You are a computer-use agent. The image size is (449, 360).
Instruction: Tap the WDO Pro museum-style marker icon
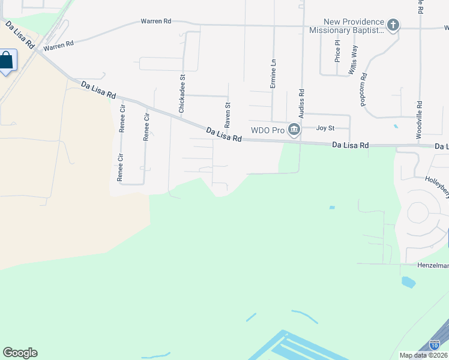pyautogui.click(x=294, y=130)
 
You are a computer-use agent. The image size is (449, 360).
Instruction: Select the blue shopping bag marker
pyautogui.click(x=6, y=61)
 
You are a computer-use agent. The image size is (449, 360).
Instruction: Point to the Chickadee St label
pyautogui.click(x=181, y=94)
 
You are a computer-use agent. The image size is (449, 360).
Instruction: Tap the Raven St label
pyautogui.click(x=228, y=115)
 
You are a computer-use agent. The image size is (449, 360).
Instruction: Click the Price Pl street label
pyautogui.click(x=337, y=51)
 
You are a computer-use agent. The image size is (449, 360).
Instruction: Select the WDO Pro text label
pyautogui.click(x=267, y=130)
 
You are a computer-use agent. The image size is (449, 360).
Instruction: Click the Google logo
pyautogui.click(x=20, y=353)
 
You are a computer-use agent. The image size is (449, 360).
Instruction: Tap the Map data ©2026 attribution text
pyautogui.click(x=423, y=355)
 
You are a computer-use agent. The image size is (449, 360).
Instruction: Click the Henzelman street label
pyautogui.click(x=432, y=265)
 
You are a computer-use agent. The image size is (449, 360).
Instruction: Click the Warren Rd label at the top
pyautogui.click(x=156, y=21)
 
